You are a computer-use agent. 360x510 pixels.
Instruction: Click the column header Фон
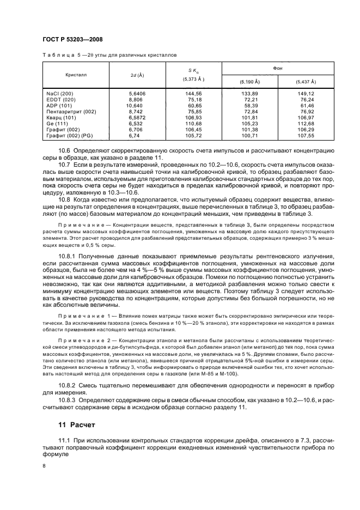[278, 68]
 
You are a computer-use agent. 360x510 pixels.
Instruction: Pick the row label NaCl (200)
[60, 94]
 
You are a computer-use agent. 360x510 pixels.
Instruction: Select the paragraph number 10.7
[65, 163]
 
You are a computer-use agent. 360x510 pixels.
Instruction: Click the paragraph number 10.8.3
[68, 400]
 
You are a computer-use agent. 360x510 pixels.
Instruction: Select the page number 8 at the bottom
[45, 466]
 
